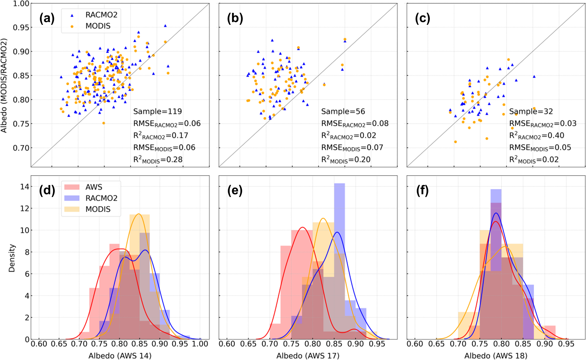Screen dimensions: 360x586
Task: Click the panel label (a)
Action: tap(47, 19)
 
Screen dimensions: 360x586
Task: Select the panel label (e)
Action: tap(235, 191)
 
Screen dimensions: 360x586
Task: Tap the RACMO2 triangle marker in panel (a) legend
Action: tap(72, 15)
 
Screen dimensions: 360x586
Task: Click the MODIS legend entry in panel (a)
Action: tap(98, 26)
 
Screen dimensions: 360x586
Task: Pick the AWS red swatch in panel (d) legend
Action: tap(72, 187)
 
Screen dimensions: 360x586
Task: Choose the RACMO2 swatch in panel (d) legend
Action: tap(72, 198)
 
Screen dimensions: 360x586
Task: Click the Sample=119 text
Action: tap(157, 112)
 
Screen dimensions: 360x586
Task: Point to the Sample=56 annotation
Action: tap(343, 112)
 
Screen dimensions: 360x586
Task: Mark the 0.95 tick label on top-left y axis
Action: tap(21, 28)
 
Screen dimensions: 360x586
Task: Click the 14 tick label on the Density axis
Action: tap(25, 187)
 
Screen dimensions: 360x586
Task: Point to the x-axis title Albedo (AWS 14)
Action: tap(120, 356)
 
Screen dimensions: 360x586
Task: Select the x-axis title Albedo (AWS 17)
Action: tap(308, 356)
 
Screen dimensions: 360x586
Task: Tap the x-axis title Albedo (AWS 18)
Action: tap(496, 356)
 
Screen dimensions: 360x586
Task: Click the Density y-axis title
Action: tap(12, 258)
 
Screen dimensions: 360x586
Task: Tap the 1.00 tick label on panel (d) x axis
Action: tap(200, 344)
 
